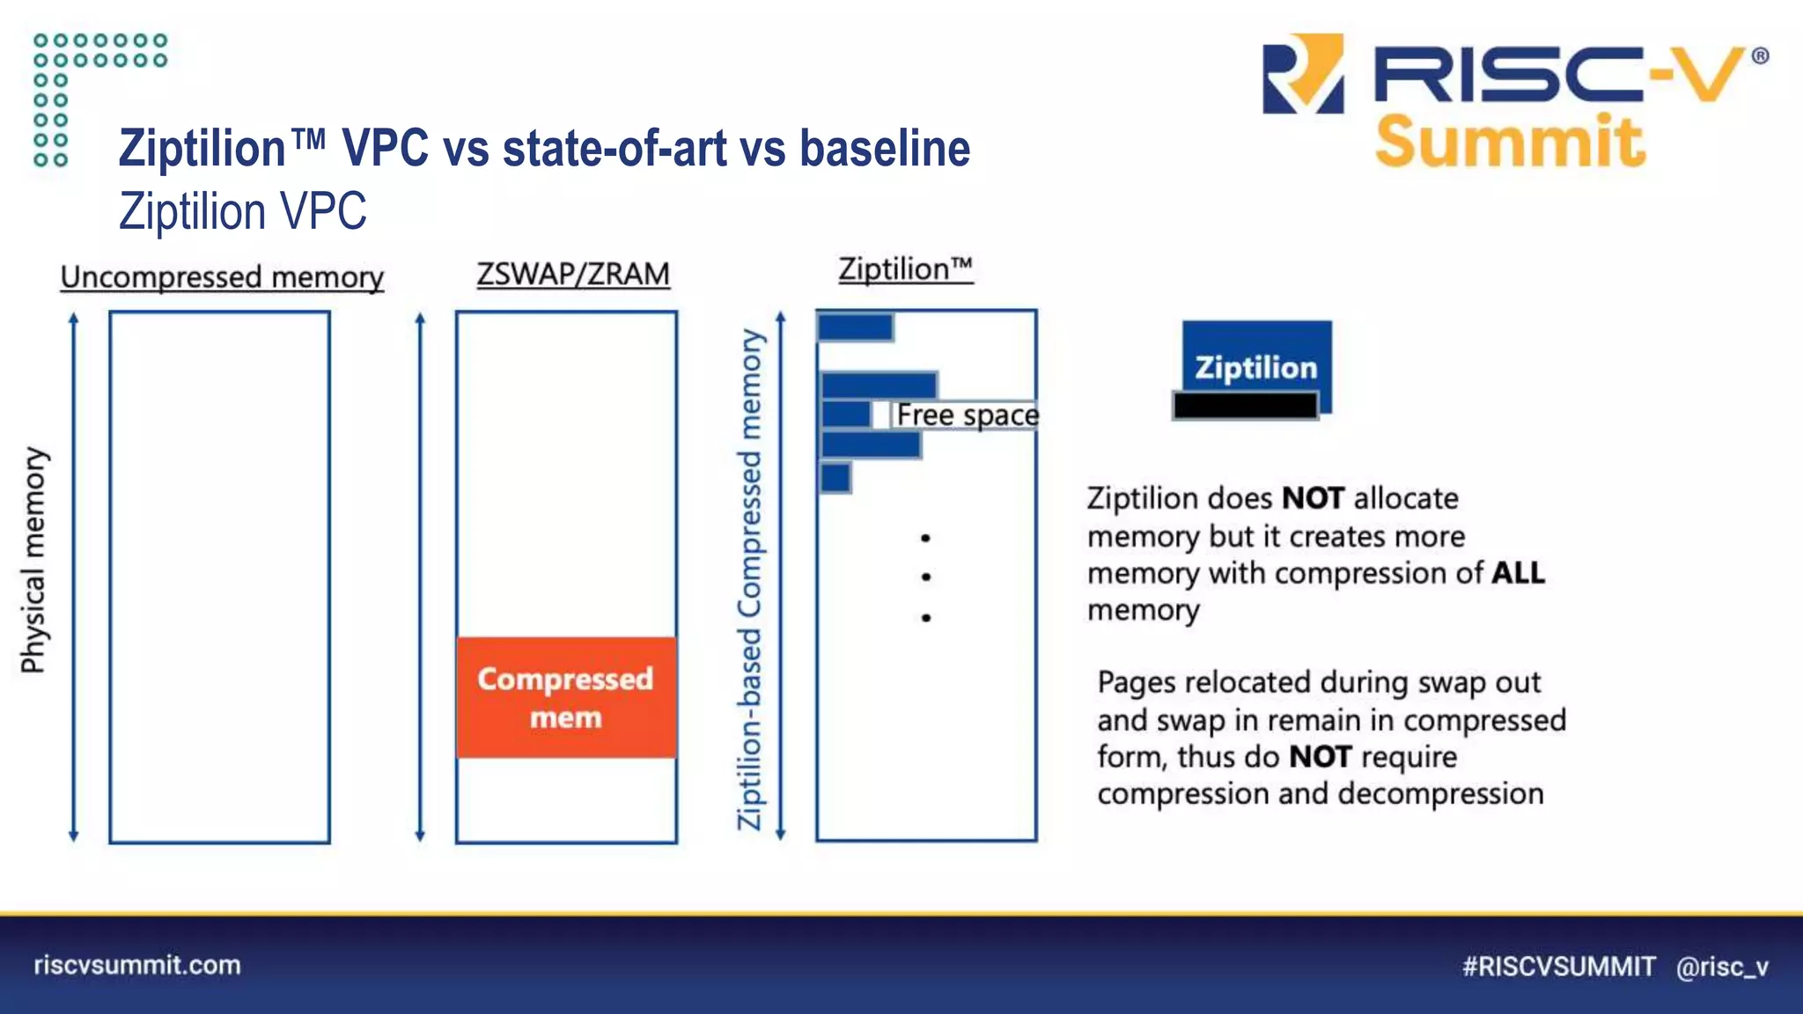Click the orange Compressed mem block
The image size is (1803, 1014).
point(566,697)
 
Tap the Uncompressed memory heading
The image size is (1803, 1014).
point(222,277)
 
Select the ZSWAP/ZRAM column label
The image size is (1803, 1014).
point(573,274)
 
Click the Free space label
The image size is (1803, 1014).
point(967,415)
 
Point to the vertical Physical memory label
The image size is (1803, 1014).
point(33,560)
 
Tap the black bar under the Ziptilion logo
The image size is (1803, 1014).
point(1245,406)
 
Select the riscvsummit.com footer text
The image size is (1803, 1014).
point(137,965)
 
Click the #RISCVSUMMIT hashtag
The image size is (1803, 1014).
point(1558,966)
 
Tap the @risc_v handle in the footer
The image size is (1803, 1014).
point(1722,966)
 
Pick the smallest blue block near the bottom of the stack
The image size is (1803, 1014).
point(835,478)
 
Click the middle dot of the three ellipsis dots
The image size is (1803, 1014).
point(925,577)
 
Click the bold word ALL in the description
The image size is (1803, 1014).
point(1518,573)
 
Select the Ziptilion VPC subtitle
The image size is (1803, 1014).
point(243,211)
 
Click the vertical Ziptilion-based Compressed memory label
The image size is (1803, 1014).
point(749,579)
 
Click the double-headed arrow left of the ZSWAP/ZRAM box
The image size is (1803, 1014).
point(420,577)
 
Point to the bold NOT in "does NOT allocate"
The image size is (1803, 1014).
point(1313,498)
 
